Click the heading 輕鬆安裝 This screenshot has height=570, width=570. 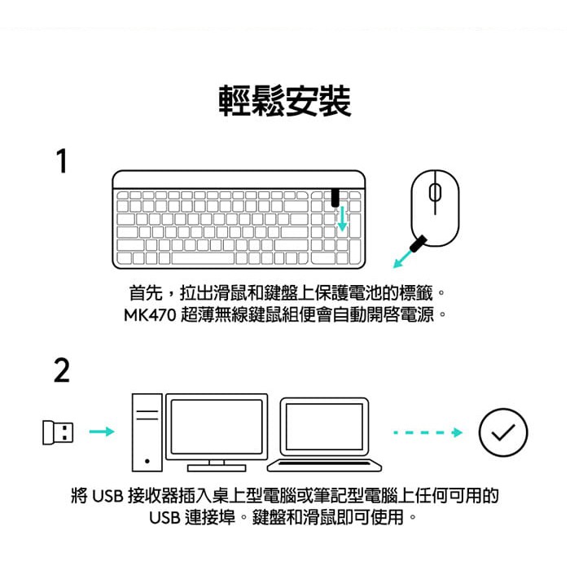coord(285,101)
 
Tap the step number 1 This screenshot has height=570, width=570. coord(62,160)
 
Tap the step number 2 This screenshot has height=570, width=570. coord(62,370)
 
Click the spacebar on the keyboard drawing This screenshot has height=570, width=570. coord(203,258)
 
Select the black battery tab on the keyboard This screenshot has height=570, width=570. coord(335,198)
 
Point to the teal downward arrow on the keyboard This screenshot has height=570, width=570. coord(342,219)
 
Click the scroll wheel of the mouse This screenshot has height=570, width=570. coord(435,193)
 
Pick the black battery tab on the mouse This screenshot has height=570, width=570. coord(418,243)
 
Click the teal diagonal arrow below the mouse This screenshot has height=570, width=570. coord(403,258)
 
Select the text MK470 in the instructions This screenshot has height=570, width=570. coord(150,315)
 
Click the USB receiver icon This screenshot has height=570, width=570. coord(58,432)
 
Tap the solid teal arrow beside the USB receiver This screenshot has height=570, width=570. coord(102,432)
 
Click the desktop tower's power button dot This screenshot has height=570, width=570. coord(147,462)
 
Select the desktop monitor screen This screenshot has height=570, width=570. coord(217,427)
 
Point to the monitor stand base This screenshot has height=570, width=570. coord(217,468)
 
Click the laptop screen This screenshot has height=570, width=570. coord(325,427)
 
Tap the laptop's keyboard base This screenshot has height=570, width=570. coord(325,465)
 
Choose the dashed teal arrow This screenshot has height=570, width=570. coord(427,432)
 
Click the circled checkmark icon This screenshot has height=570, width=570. coord(503,432)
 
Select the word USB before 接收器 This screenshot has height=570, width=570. coord(108,496)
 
